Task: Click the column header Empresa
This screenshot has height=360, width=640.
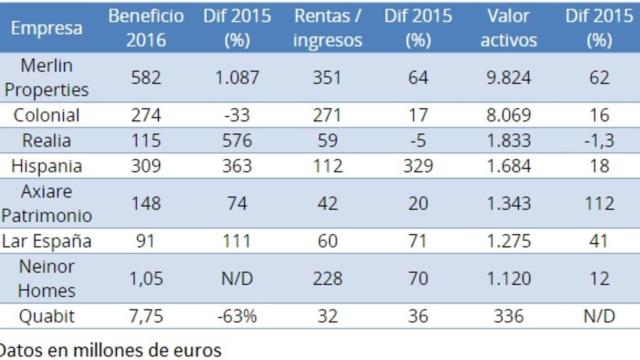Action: point(49,29)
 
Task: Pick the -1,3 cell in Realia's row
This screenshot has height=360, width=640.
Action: point(598,141)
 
